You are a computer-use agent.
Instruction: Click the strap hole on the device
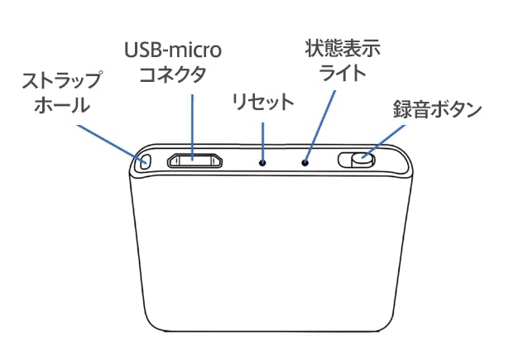(x=146, y=161)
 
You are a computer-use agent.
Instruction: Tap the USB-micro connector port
(x=194, y=161)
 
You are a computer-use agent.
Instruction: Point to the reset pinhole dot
(x=262, y=162)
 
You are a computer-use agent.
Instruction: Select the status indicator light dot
(x=305, y=162)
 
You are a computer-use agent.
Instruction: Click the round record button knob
(x=363, y=160)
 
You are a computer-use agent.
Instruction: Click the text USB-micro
(x=173, y=50)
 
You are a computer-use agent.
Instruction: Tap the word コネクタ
(x=172, y=74)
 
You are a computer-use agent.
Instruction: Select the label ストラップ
(x=62, y=80)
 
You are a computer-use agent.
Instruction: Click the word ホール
(x=62, y=104)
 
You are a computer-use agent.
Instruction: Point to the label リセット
(x=263, y=102)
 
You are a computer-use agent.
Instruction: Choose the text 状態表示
(x=343, y=50)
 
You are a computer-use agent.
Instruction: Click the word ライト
(x=343, y=73)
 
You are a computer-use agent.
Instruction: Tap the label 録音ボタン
(x=437, y=109)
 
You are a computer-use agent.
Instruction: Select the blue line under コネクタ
(x=193, y=127)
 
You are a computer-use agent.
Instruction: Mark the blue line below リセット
(x=262, y=142)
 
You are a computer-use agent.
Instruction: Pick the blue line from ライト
(x=319, y=127)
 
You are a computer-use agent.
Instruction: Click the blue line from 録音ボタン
(x=384, y=142)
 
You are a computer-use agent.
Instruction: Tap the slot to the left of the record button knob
(x=345, y=160)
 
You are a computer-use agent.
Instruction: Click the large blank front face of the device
(x=270, y=250)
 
